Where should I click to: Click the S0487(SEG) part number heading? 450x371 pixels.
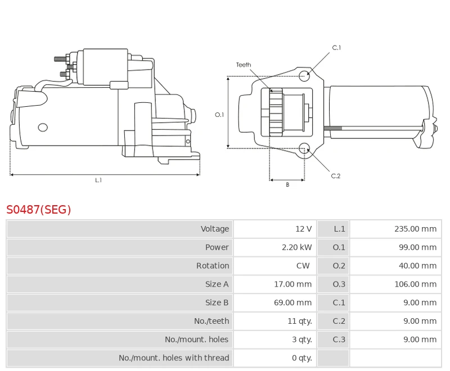39,210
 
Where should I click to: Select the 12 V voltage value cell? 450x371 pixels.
303,229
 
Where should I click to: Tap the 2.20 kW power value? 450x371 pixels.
296,247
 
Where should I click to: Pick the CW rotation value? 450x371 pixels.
303,266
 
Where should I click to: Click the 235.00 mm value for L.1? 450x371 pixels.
415,229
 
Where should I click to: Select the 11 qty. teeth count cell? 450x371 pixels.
299,322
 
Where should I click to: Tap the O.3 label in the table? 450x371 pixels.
339,284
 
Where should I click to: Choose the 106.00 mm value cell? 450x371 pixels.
415,284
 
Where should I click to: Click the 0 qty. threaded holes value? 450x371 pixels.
301,358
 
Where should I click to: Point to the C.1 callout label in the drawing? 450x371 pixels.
336,48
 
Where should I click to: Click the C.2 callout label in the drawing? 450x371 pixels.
336,176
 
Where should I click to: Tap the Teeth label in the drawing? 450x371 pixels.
244,65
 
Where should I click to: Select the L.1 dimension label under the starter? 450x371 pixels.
98,180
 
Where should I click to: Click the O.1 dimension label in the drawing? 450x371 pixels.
219,115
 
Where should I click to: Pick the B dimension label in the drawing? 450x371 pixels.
287,185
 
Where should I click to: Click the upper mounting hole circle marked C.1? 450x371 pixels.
304,76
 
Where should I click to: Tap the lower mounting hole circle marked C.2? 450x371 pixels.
304,148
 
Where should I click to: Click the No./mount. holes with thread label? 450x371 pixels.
174,358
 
